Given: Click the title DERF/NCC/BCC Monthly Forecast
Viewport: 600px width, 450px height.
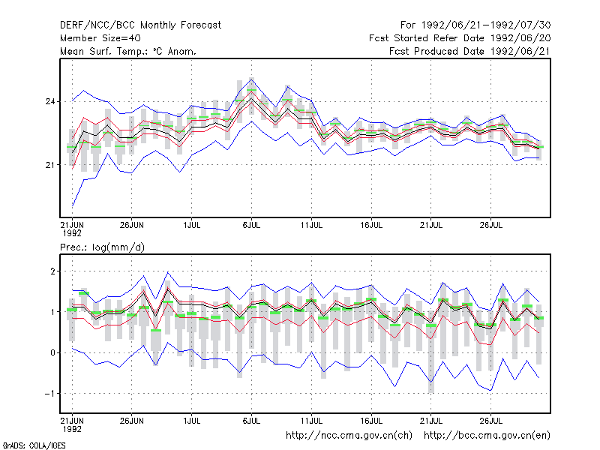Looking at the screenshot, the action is coord(140,25).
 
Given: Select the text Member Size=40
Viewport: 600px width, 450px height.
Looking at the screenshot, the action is coord(100,38).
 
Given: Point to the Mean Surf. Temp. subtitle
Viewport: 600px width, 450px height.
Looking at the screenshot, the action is coord(127,51).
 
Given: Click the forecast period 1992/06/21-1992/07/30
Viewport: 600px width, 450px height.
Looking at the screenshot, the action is coord(475,25).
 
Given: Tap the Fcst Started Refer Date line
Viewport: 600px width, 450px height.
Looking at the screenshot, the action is coord(460,38).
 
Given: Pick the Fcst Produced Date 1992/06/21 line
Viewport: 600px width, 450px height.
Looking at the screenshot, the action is coord(469,51).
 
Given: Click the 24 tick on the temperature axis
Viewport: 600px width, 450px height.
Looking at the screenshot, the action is coord(50,101).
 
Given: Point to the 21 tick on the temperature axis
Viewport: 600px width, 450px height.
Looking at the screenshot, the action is coord(50,165).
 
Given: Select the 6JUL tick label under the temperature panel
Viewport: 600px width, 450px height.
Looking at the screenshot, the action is coord(251,225).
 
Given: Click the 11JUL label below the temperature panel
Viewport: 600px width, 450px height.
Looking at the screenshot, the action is coord(311,225).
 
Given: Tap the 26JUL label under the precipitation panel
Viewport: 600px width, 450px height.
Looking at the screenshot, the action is coord(491,421).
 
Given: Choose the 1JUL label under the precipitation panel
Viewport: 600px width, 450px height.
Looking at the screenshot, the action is coord(192,421).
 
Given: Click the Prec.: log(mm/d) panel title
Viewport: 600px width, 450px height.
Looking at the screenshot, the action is coord(102,247).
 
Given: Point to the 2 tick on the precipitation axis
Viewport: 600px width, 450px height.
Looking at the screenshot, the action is coord(52,271).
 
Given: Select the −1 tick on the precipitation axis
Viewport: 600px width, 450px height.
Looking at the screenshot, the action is coord(49,394).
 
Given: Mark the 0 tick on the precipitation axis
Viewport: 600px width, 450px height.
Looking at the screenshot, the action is coord(52,352).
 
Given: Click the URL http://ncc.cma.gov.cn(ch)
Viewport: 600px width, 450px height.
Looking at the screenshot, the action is coord(349,436).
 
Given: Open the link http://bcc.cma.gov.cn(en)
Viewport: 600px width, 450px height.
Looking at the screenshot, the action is coord(487,436).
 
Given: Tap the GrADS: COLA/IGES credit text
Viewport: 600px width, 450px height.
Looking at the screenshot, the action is coord(34,445).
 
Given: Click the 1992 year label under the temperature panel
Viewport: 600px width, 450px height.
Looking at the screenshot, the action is coord(72,233).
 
